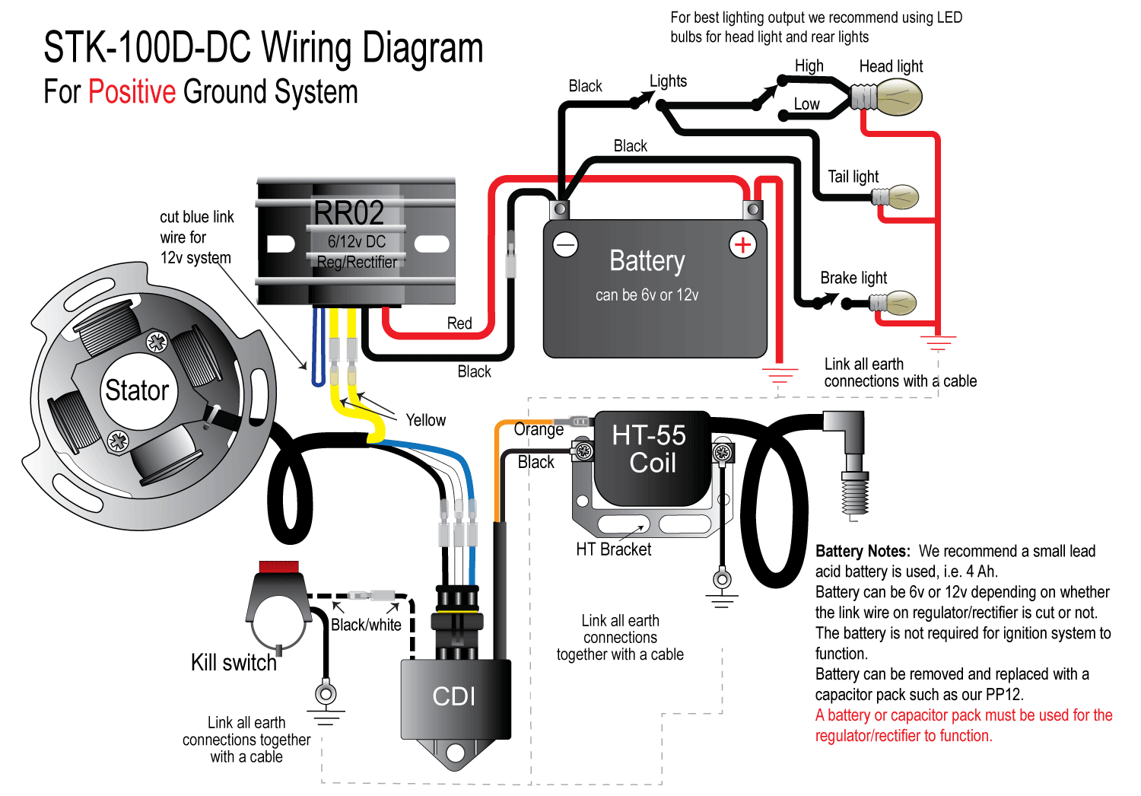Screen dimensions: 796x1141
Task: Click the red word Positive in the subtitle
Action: [132, 92]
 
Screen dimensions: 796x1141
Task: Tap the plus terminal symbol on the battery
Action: [742, 245]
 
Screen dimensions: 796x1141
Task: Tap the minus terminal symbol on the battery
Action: [565, 245]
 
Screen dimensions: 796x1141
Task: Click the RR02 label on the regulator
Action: [349, 213]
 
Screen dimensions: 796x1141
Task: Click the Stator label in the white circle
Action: [137, 390]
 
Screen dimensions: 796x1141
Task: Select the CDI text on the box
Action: [453, 696]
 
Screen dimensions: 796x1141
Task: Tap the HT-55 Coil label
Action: [650, 449]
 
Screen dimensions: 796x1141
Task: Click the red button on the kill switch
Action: [279, 567]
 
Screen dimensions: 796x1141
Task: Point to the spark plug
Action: [854, 487]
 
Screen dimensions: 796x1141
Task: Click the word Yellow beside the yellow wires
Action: [425, 420]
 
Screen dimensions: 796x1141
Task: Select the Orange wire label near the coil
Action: [539, 429]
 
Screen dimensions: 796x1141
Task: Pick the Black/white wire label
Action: [366, 625]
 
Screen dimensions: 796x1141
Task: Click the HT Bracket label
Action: [613, 549]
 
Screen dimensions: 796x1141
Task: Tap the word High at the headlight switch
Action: [809, 66]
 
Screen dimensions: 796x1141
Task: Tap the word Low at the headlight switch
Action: [807, 104]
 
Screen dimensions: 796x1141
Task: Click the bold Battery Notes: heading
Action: [862, 551]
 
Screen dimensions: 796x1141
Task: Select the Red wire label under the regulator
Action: [459, 323]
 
